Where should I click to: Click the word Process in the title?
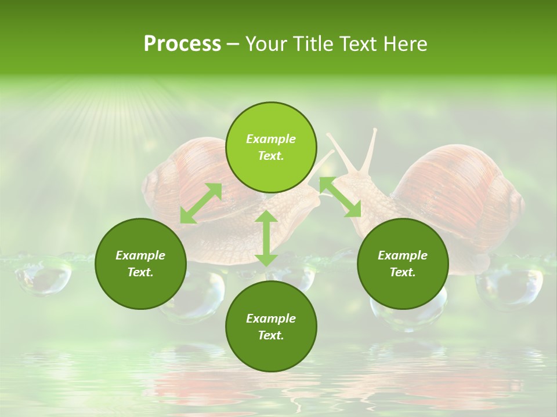pyautogui.click(x=182, y=44)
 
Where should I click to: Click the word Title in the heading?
pyautogui.click(x=313, y=44)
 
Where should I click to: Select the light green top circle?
pyautogui.click(x=271, y=147)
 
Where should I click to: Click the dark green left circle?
pyautogui.click(x=140, y=264)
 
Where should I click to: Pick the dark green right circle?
pyautogui.click(x=403, y=264)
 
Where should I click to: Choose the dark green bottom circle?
pyautogui.click(x=271, y=327)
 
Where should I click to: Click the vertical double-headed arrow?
pyautogui.click(x=266, y=238)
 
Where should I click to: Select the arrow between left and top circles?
pyautogui.click(x=201, y=203)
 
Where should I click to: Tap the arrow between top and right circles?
pyautogui.click(x=340, y=197)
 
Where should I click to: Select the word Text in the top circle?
pyautogui.click(x=270, y=156)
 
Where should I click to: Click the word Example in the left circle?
pyautogui.click(x=140, y=255)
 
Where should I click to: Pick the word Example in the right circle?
pyautogui.click(x=403, y=255)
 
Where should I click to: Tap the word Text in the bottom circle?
pyautogui.click(x=270, y=335)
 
